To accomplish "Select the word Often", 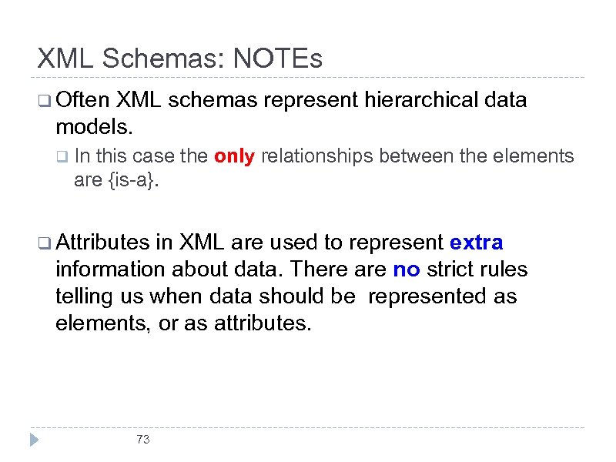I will [x=83, y=99].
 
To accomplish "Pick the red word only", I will [x=234, y=156].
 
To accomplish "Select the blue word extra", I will [x=476, y=243].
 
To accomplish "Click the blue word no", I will [x=406, y=269].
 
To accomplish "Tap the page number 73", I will [x=142, y=440].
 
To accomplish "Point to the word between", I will [x=427, y=156].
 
